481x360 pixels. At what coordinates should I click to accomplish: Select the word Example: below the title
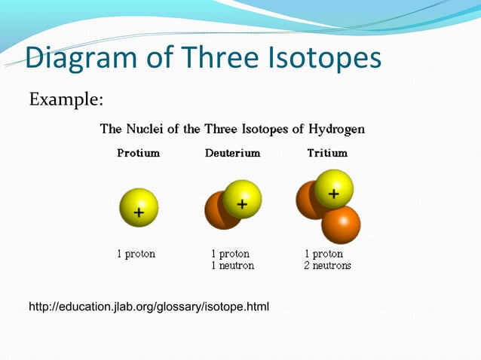pos(66,99)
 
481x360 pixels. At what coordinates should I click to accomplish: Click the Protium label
pos(138,153)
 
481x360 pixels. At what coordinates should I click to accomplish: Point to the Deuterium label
pos(232,153)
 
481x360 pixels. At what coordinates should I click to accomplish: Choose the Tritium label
pos(327,153)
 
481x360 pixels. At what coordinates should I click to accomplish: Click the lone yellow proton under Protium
pos(139,207)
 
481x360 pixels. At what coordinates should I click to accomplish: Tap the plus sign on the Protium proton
pos(139,212)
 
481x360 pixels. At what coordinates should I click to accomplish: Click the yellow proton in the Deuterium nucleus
pos(242,199)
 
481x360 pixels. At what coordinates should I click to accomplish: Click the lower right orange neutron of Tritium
pos(341,224)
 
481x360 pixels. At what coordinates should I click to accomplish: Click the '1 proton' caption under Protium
pos(136,254)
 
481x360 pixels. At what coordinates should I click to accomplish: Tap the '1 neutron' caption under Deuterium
pos(232,266)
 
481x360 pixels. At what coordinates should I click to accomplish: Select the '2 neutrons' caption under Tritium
pos(328,266)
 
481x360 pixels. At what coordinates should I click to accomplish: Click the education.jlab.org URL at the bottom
pos(149,307)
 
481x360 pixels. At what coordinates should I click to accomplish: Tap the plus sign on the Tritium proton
pos(333,194)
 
